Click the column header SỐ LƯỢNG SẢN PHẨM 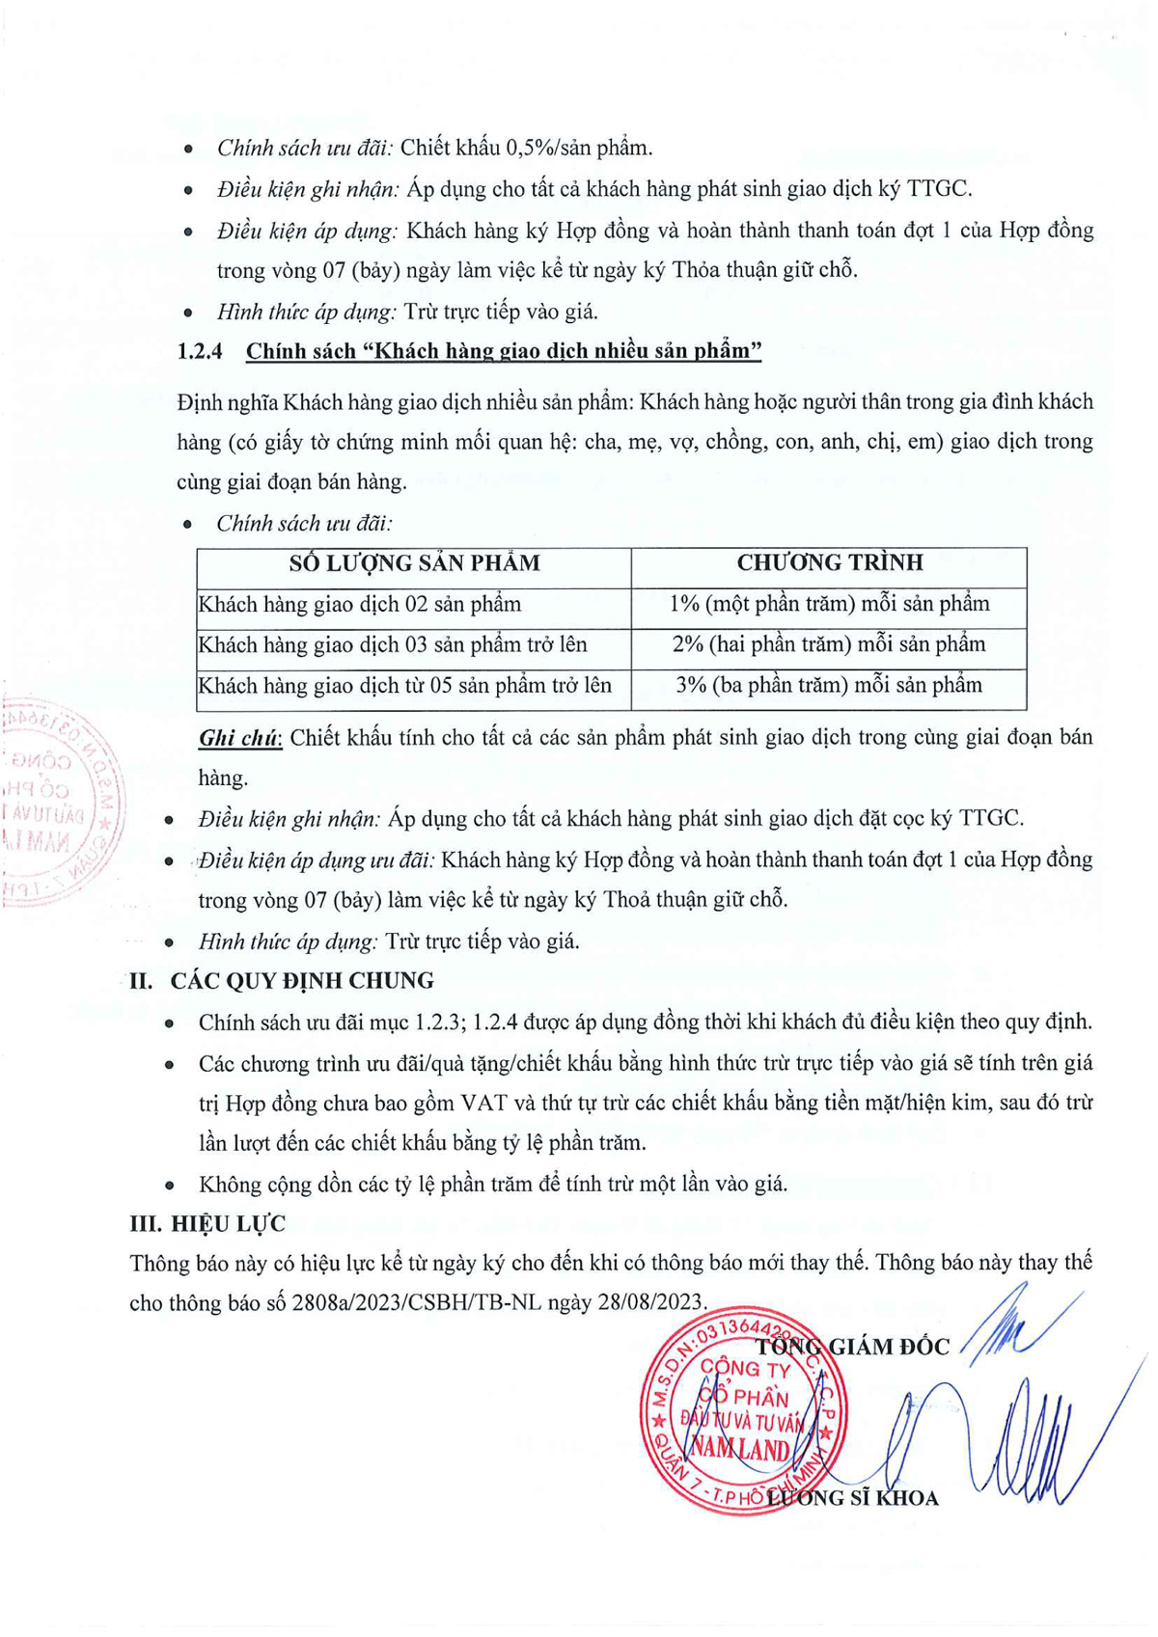414,563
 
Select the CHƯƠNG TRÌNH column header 829,562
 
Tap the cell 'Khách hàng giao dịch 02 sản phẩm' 360,605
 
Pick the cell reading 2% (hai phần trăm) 829,644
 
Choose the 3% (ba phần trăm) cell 829,686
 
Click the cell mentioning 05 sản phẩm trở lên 405,686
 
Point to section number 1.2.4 200,351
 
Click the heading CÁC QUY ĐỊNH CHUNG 302,981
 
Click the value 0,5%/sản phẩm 579,148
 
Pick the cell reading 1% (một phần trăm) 829,604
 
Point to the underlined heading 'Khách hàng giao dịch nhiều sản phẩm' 504,351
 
